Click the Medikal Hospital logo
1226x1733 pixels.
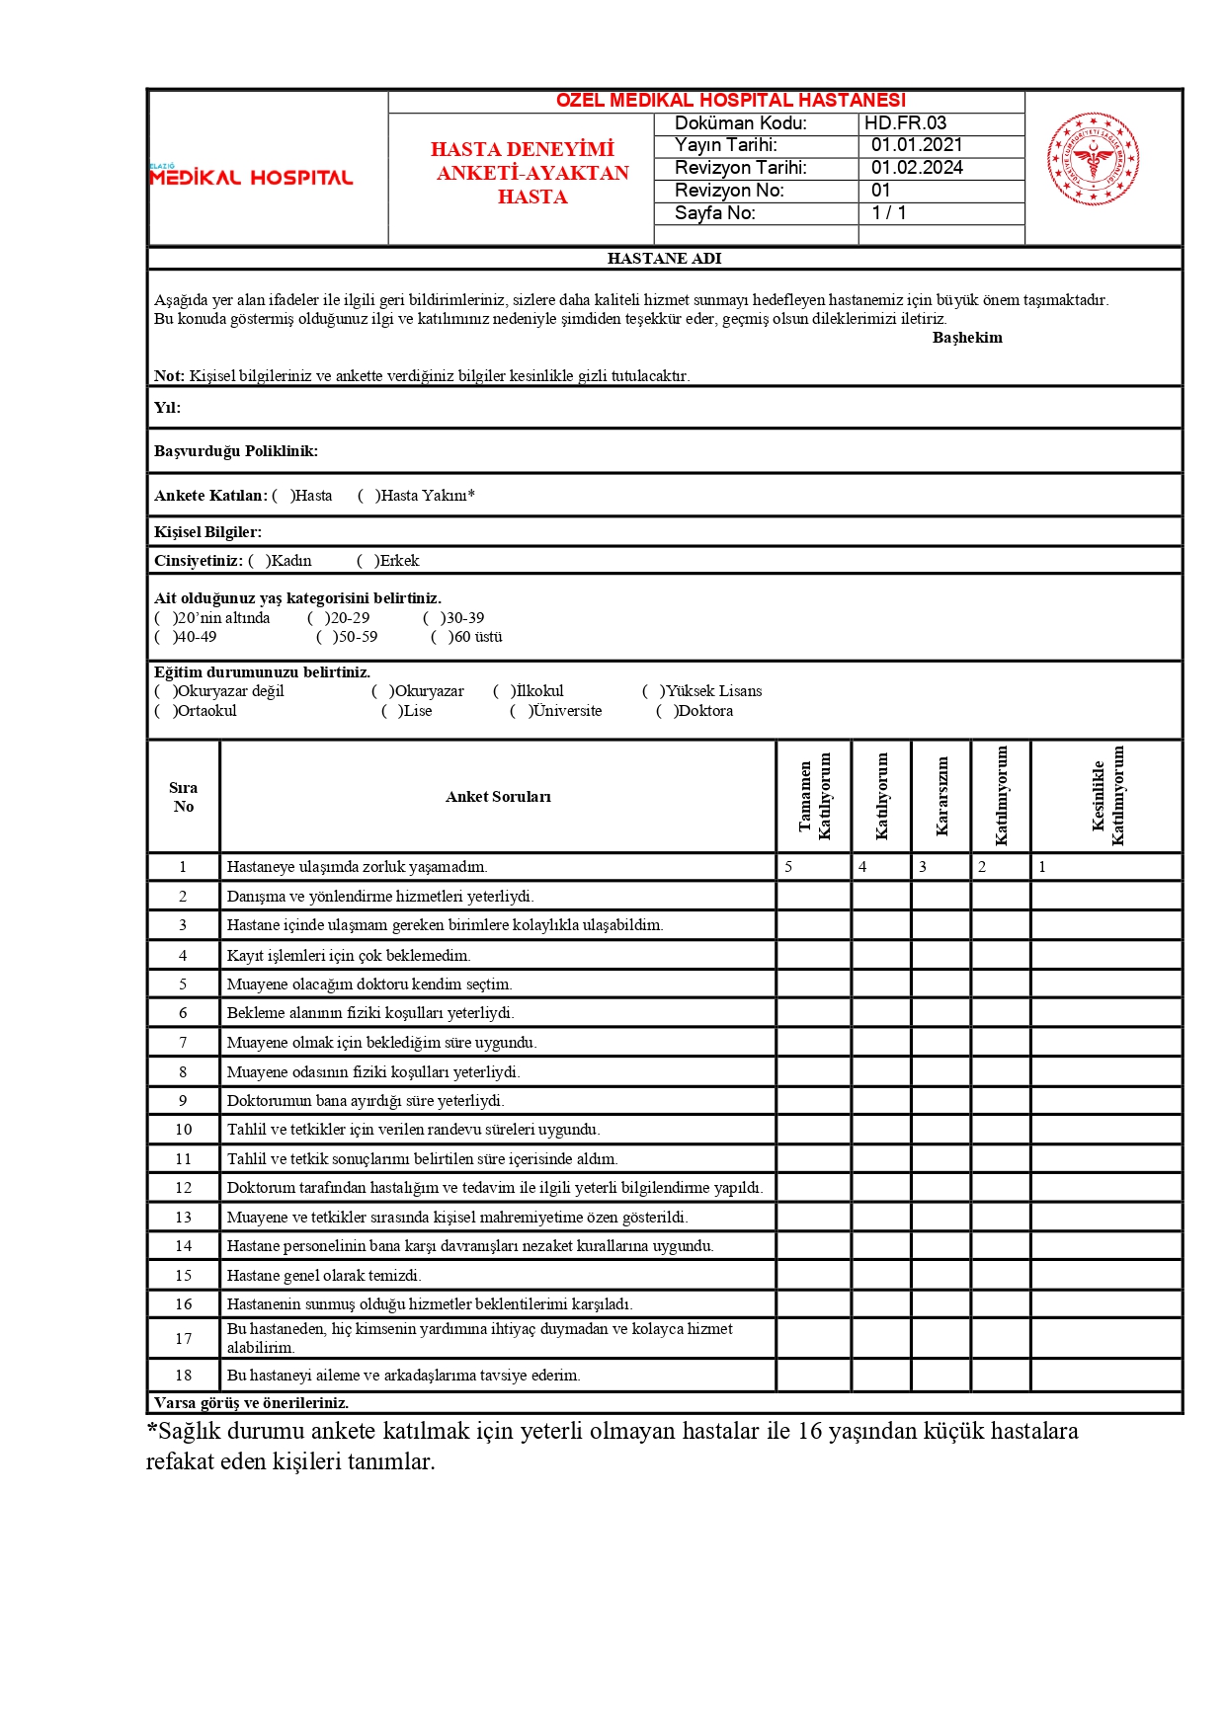[x=251, y=176]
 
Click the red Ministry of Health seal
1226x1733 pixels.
[x=1092, y=158]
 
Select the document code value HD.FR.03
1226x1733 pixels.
[x=905, y=123]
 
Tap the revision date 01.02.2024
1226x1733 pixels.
[x=916, y=168]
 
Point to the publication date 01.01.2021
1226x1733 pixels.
[x=916, y=145]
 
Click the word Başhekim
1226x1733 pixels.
[x=966, y=338]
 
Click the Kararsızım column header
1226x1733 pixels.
[x=941, y=796]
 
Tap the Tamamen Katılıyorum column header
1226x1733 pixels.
[x=814, y=796]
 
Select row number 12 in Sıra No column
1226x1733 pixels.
[x=184, y=1188]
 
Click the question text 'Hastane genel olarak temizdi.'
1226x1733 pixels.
[x=324, y=1276]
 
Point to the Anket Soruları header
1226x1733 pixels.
[x=498, y=797]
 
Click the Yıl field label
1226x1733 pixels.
[x=167, y=408]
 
